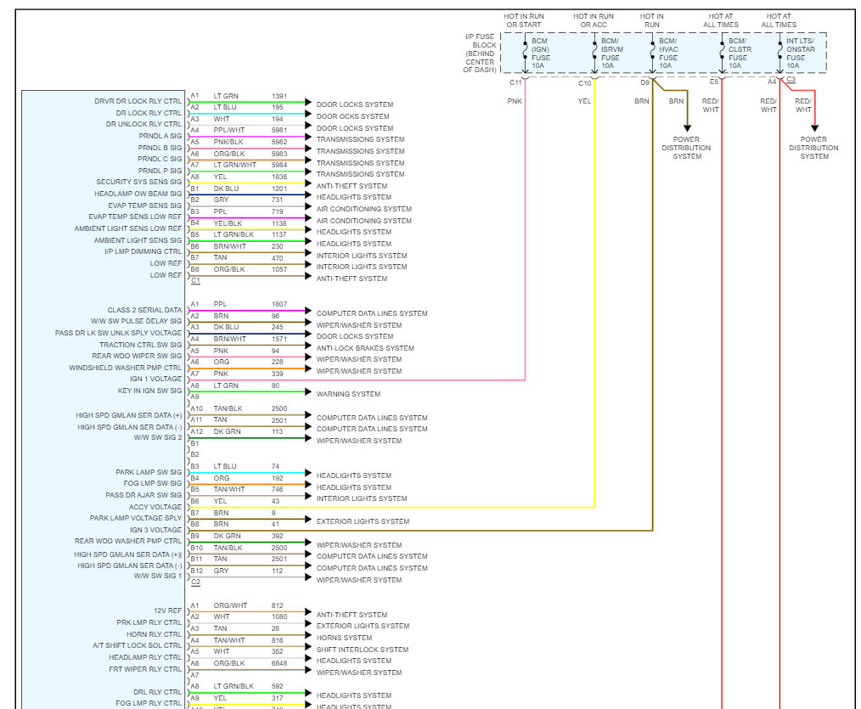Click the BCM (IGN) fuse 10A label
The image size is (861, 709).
click(x=541, y=53)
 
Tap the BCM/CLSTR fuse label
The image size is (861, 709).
click(x=738, y=53)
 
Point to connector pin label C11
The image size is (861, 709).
click(x=515, y=82)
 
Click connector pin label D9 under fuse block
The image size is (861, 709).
click(x=644, y=82)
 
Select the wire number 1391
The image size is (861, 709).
click(x=279, y=96)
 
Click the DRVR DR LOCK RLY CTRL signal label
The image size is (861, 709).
click(x=138, y=101)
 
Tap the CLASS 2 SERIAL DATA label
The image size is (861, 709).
click(x=144, y=310)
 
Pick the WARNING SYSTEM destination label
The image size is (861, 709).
click(x=348, y=394)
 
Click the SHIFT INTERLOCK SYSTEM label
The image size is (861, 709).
click(x=363, y=650)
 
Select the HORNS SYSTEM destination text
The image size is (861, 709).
click(x=344, y=638)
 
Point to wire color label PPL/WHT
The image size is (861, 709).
click(x=228, y=130)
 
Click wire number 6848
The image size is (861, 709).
click(x=279, y=663)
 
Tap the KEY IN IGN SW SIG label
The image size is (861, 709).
click(x=149, y=391)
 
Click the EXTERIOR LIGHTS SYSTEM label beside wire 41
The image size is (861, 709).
click(x=363, y=521)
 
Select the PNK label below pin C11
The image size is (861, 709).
click(x=515, y=101)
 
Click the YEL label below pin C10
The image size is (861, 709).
click(x=584, y=101)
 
